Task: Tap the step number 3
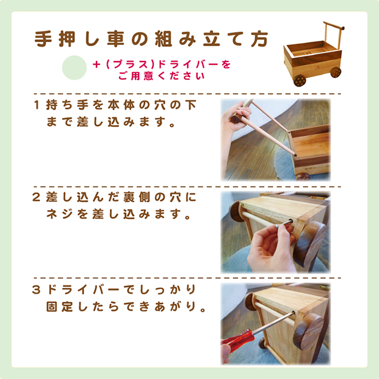[x=37, y=290]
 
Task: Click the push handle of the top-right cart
[x=335, y=30]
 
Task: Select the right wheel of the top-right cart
[x=335, y=72]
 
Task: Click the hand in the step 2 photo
[x=269, y=249]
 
